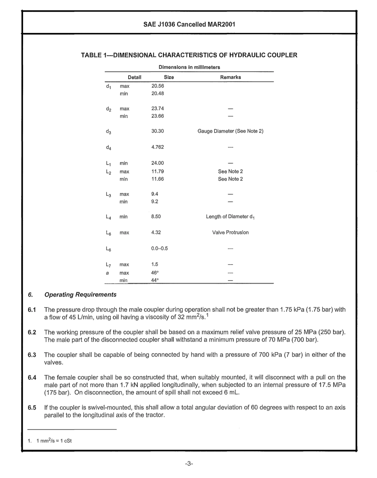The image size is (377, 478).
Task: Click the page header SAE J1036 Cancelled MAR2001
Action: (189, 24)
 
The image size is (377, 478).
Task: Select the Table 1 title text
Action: (189, 55)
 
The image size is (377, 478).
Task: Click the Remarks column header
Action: (231, 77)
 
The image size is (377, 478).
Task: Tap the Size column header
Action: (169, 77)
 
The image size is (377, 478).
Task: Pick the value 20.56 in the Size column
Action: (158, 85)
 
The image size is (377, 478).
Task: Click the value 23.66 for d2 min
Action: (158, 116)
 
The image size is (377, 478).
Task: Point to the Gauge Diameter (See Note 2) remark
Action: (231, 132)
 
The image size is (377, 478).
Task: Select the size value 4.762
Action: (158, 147)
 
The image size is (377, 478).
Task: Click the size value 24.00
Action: (158, 163)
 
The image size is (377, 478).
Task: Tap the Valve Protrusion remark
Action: (231, 233)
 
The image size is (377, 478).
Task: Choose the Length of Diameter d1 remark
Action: (231, 217)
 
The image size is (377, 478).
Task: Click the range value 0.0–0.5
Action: (160, 249)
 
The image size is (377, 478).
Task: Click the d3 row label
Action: (109, 132)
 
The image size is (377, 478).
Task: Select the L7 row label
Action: (109, 265)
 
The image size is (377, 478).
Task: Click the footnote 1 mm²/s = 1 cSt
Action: (49, 440)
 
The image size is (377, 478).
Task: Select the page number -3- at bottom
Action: (189, 464)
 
